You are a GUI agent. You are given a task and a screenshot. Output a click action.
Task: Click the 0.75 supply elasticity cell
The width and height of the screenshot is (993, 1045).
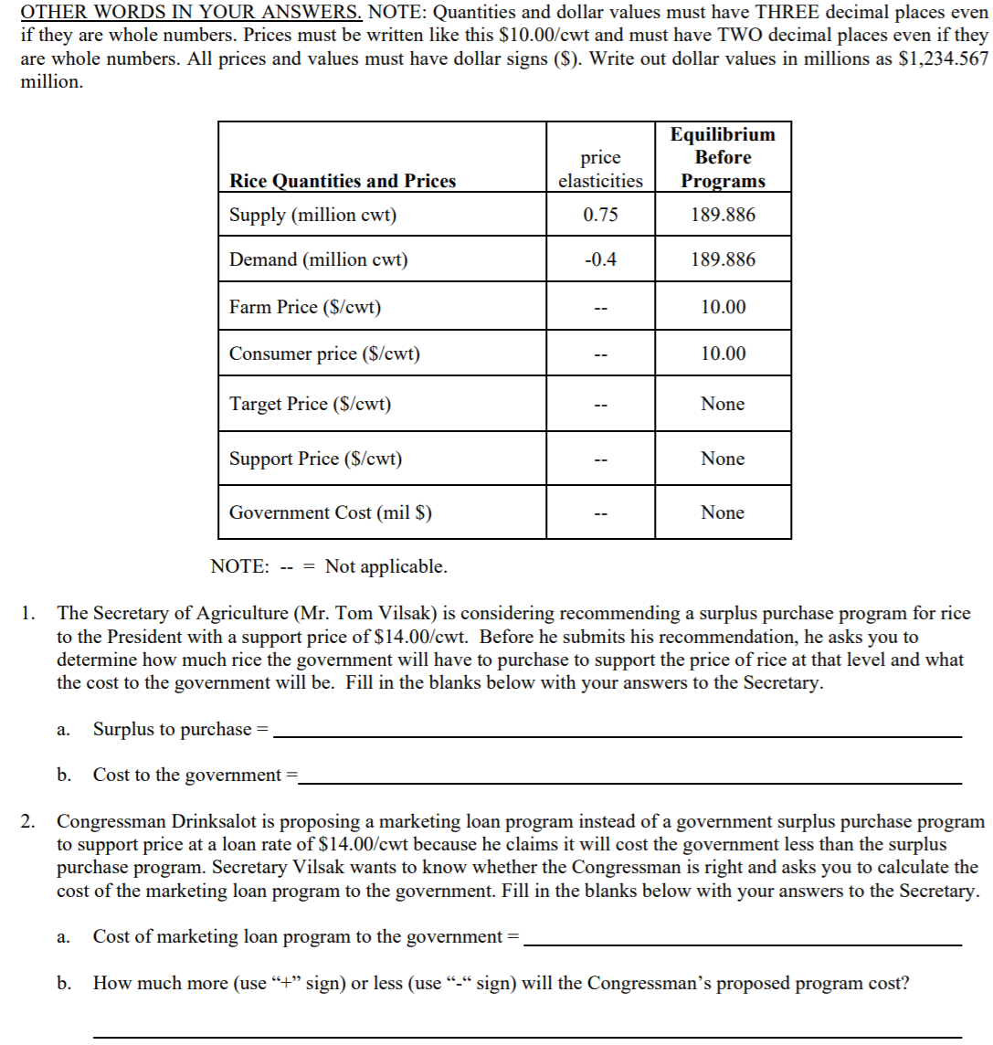coord(600,215)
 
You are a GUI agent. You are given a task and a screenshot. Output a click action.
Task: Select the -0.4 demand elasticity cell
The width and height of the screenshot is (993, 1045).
coord(600,259)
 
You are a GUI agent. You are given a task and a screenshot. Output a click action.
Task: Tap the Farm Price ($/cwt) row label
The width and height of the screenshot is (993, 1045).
coord(305,307)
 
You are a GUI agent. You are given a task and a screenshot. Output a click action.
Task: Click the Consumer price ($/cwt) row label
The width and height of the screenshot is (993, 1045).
coord(324,354)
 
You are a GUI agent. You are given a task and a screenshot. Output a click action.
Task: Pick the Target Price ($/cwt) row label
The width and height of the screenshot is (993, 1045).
coord(310,404)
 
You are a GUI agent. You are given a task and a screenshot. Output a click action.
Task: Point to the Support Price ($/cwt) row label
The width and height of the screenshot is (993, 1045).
coord(315,459)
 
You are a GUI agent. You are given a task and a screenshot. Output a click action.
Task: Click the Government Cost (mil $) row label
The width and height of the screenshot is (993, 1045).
coord(330,512)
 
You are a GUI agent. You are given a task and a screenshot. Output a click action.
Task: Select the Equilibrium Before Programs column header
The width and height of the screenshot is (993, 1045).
coord(723,157)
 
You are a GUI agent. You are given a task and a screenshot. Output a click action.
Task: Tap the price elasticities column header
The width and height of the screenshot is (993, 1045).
coord(600,169)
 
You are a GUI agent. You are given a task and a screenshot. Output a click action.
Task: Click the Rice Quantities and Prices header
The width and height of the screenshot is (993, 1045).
coord(343,181)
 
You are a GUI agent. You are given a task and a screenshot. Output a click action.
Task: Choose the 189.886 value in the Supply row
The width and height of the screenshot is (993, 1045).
coord(723,215)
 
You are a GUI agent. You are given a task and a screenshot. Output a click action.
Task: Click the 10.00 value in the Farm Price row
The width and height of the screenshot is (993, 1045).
coord(723,307)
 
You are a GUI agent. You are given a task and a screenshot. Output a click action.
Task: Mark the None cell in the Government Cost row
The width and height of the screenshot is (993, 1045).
coord(723,512)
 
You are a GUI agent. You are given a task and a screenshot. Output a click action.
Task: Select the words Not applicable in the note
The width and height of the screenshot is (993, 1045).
coord(386,566)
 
